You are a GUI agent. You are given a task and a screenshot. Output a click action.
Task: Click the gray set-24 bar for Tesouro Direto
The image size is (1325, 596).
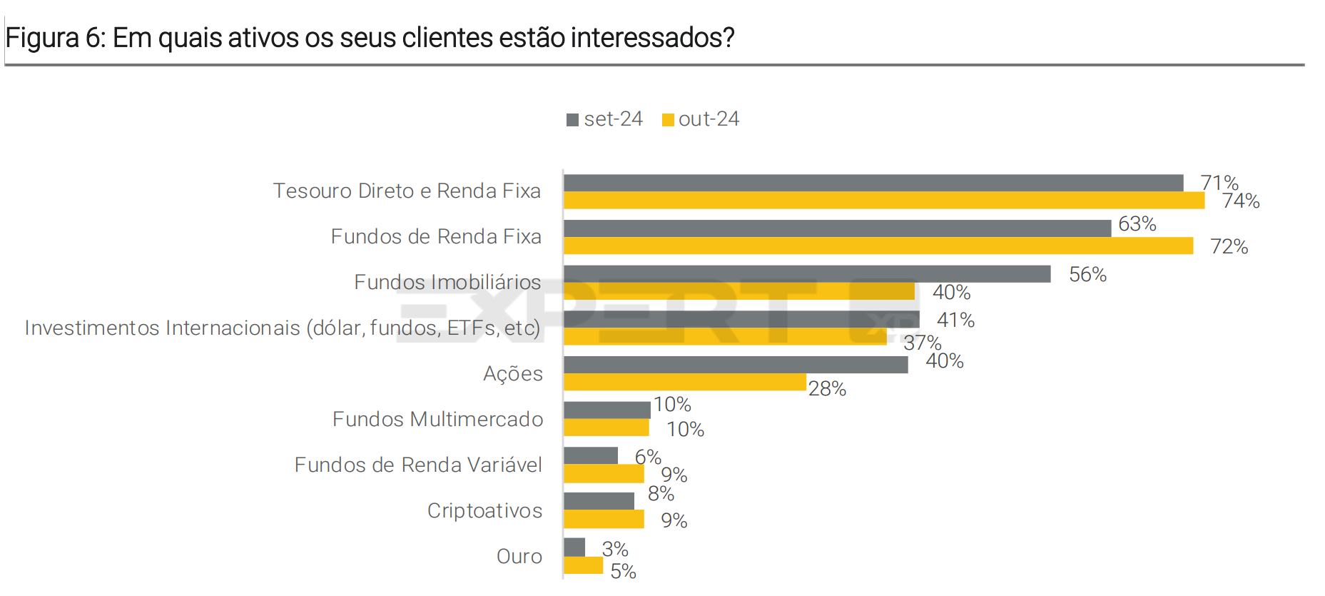click(x=873, y=183)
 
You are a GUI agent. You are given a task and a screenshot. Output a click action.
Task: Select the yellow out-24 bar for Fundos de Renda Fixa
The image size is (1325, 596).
click(x=878, y=246)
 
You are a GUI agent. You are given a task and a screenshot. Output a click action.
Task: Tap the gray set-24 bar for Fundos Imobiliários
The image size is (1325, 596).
click(x=806, y=274)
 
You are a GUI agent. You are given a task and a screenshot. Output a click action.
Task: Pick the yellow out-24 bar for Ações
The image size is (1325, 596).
click(x=684, y=383)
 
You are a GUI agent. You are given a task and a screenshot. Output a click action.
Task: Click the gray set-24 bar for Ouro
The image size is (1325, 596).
click(x=574, y=547)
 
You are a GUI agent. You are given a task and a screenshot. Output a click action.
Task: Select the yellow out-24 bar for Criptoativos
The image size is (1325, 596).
click(x=604, y=519)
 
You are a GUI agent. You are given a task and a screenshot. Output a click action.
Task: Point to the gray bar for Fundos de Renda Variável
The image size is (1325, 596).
click(x=591, y=455)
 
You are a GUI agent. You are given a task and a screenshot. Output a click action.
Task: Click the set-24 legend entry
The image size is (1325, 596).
click(x=605, y=119)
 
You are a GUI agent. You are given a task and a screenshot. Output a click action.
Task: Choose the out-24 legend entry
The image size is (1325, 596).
click(x=701, y=119)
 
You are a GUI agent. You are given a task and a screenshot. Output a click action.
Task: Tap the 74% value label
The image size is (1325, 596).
click(x=1241, y=201)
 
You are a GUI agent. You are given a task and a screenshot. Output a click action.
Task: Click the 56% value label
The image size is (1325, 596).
click(x=1087, y=275)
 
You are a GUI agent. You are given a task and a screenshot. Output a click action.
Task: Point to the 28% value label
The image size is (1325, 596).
click(x=827, y=389)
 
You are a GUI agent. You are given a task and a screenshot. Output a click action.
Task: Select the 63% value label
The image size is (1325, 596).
click(x=1137, y=224)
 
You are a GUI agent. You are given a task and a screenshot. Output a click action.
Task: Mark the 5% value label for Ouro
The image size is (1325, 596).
click(x=623, y=571)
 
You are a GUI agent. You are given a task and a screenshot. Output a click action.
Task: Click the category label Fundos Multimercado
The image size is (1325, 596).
click(x=437, y=419)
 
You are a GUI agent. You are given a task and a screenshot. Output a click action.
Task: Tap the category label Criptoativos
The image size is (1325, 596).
click(x=484, y=510)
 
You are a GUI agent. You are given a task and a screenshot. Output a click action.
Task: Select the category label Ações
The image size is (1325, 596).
click(x=512, y=373)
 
